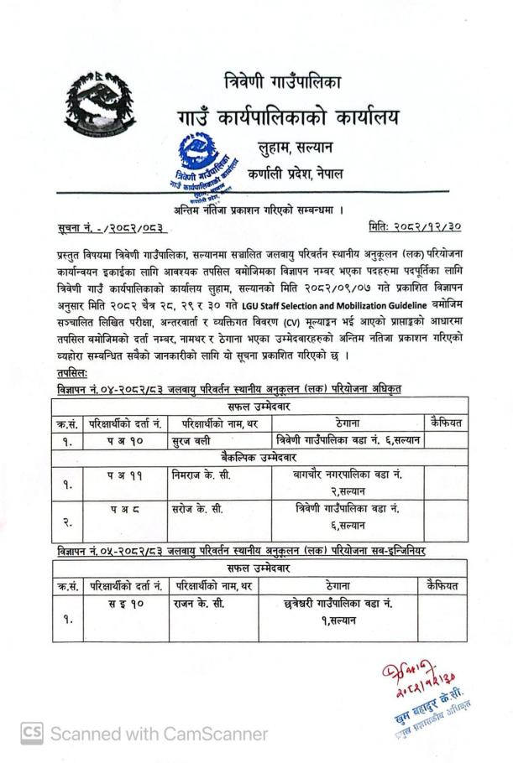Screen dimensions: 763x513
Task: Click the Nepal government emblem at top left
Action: coord(99,109)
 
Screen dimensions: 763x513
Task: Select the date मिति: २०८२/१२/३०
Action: coord(414,226)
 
